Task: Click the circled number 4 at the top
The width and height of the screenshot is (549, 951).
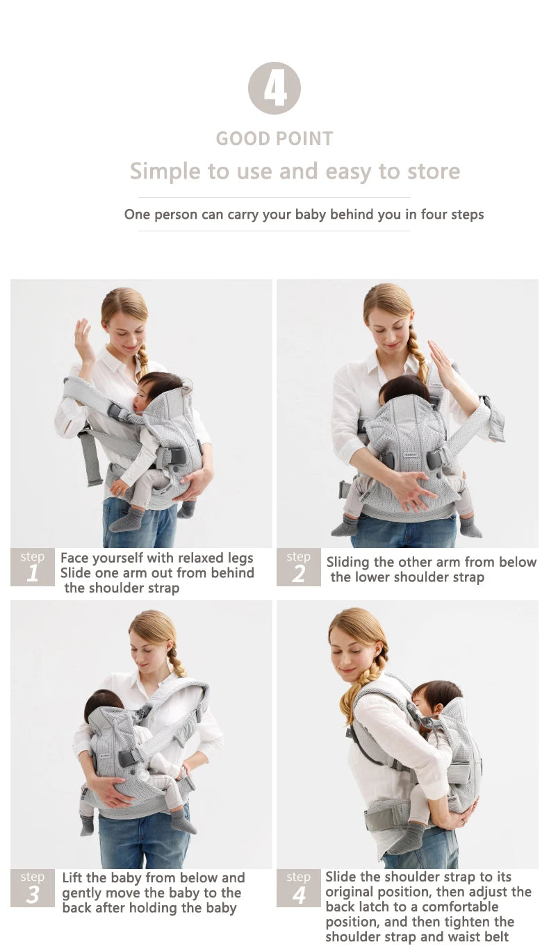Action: (x=274, y=88)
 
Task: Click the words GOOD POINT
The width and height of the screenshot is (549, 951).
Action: (x=274, y=138)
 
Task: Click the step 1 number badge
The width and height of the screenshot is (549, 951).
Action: (x=32, y=567)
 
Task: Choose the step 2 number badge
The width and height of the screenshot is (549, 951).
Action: (x=298, y=567)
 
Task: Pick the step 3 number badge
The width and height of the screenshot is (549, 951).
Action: (x=32, y=888)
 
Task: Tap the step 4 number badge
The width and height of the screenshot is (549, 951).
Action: (x=298, y=888)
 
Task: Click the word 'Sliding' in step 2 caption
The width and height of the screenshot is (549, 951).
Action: (x=351, y=562)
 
